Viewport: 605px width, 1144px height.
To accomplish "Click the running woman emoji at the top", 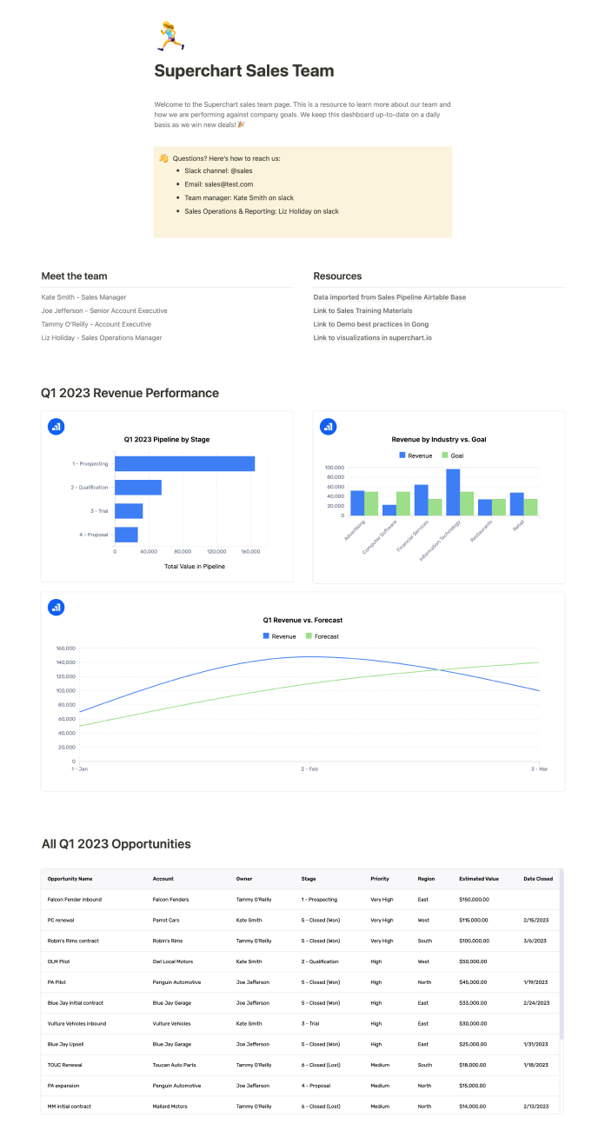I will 167,37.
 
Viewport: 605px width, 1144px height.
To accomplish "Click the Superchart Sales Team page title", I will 243,71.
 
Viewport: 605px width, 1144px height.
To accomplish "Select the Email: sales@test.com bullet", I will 218,184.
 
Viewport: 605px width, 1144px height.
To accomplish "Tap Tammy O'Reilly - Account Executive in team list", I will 96,324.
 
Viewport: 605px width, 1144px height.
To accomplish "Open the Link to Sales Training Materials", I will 362,310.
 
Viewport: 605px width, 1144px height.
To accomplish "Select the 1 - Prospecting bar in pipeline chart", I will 184,464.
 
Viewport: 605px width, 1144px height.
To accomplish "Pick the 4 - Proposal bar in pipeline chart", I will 126,535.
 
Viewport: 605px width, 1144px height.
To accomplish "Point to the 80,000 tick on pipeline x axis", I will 183,551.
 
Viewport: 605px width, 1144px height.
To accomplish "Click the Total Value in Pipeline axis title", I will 195,566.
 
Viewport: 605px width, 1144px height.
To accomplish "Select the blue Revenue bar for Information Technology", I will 453,492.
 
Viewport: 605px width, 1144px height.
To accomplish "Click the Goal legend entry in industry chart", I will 452,456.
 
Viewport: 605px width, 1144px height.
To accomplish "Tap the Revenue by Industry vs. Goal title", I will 439,440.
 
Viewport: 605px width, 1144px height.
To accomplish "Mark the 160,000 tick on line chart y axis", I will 65,648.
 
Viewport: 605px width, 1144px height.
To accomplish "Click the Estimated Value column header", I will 479,879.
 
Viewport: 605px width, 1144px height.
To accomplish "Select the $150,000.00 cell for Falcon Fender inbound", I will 474,900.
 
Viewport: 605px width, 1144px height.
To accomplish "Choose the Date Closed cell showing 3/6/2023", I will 535,941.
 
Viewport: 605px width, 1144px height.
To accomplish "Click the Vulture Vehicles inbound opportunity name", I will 76,1024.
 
